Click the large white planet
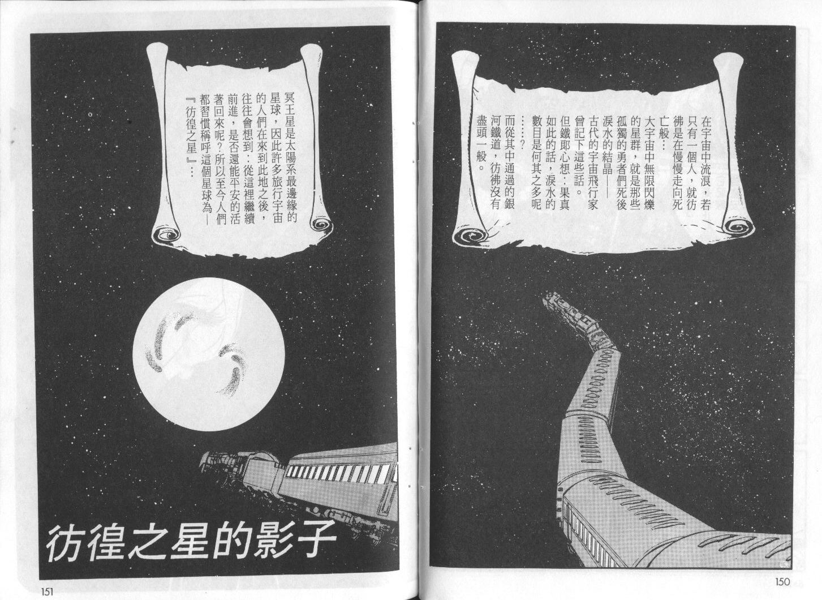click(x=209, y=354)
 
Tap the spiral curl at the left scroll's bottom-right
click(x=321, y=226)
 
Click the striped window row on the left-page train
click(x=339, y=473)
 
